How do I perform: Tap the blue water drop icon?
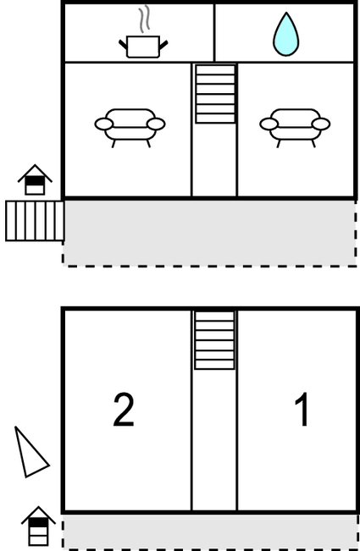tap(286, 34)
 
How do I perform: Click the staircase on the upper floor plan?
tap(215, 94)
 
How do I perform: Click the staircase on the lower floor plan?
tap(214, 340)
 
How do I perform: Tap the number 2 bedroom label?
tap(124, 410)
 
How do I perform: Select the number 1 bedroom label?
tap(302, 409)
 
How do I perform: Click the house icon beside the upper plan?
tap(35, 179)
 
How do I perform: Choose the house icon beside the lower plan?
tap(38, 526)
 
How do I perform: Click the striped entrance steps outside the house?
tap(35, 221)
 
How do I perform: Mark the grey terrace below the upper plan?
tap(209, 233)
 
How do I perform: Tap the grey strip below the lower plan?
tap(210, 532)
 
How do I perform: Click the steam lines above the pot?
tap(144, 19)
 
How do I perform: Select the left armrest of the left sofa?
tap(103, 124)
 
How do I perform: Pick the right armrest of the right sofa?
tap(321, 124)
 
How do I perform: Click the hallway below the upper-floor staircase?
tap(214, 160)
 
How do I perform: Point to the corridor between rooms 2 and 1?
tap(214, 439)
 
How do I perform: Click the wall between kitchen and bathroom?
tap(214, 33)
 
